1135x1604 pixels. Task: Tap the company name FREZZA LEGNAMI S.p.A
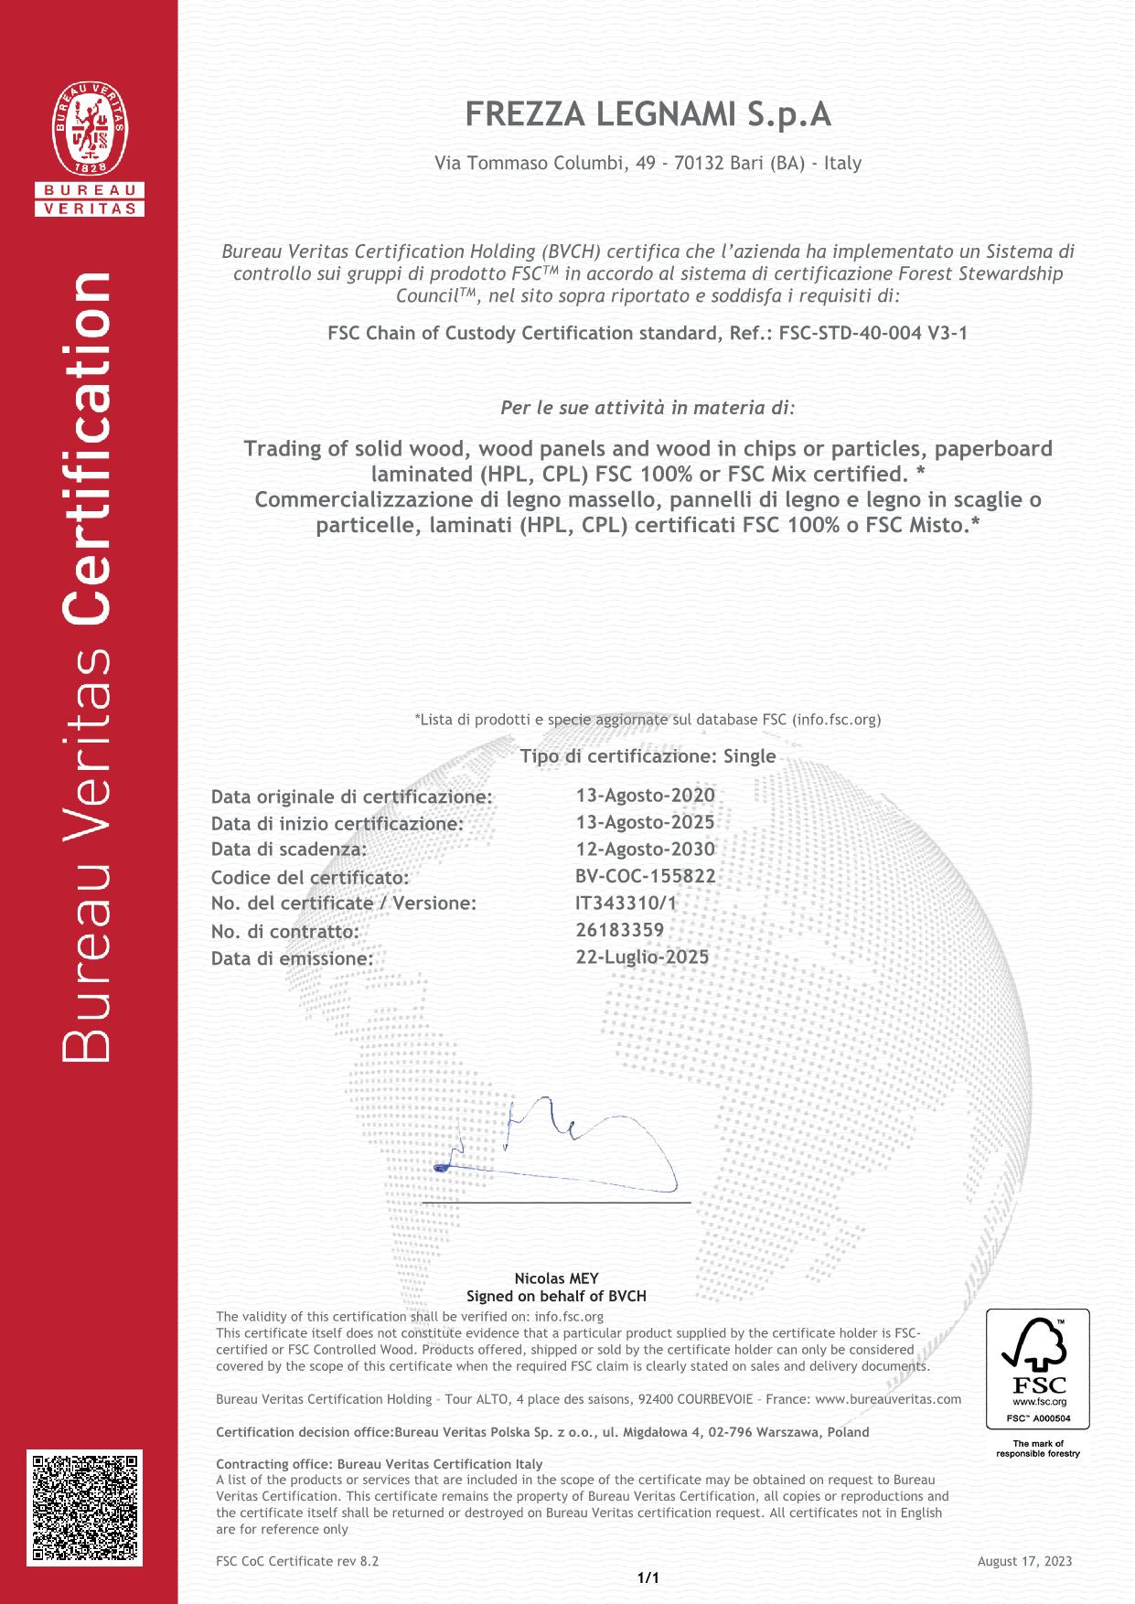pos(648,115)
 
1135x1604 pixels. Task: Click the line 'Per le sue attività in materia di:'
pos(648,407)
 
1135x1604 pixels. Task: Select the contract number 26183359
pos(620,929)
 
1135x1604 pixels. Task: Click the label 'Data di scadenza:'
pos(289,850)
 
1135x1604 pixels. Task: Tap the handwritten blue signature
pos(558,1142)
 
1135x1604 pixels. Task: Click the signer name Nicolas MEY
pos(556,1278)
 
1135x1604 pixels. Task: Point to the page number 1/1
pos(648,1577)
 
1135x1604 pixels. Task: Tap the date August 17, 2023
pos(1024,1561)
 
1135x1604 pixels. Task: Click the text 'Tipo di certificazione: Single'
pos(648,756)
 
